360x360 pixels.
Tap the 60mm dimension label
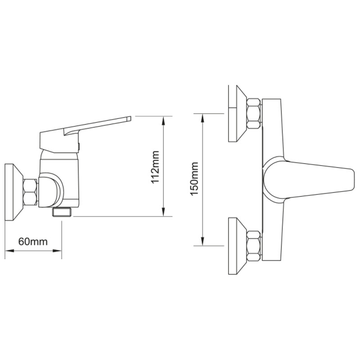33,241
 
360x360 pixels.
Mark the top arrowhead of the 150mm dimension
203,116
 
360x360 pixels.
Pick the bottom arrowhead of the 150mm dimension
203,243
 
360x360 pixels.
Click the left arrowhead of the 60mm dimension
8,251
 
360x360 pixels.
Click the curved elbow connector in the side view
50,191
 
